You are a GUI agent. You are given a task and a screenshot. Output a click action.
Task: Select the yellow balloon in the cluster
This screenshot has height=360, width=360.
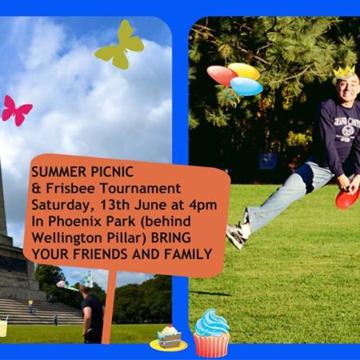tap(244, 71)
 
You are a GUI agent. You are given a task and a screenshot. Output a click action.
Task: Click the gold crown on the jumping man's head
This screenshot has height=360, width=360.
tap(344, 72)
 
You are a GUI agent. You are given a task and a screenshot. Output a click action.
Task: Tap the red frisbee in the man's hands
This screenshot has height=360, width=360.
tap(347, 197)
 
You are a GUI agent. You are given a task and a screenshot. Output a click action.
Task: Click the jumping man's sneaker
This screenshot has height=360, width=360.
tap(235, 235)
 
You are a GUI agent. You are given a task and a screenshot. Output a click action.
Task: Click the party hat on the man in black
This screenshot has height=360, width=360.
tap(86, 278)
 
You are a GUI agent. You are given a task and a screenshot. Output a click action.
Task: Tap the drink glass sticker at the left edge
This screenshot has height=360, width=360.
tap(3, 326)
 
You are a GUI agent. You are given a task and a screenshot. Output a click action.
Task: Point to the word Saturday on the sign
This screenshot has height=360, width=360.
tap(62, 199)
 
